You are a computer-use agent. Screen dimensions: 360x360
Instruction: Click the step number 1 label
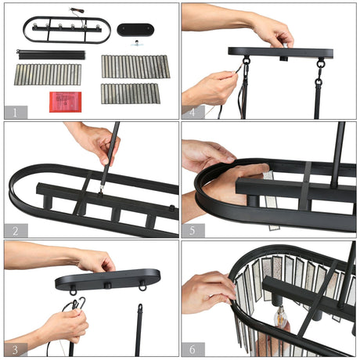[x=15, y=113]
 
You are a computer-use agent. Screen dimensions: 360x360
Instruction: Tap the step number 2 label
[x=16, y=231]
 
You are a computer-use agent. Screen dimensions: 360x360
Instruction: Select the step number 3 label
[x=16, y=350]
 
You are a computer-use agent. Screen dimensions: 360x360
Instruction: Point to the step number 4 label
[x=193, y=113]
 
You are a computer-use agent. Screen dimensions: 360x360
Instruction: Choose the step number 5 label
[x=193, y=231]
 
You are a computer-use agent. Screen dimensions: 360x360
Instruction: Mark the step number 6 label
[x=193, y=349]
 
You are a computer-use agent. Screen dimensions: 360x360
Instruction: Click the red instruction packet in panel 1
[x=66, y=102]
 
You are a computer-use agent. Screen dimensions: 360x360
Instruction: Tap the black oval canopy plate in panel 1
[x=135, y=30]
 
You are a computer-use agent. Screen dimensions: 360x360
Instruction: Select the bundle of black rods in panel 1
[x=51, y=55]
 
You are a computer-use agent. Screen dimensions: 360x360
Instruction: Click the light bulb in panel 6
[x=281, y=317]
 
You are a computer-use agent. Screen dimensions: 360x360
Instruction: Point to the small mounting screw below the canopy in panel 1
[x=136, y=43]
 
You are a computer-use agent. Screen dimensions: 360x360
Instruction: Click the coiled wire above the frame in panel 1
[x=77, y=11]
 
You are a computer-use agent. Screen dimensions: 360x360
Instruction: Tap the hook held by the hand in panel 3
[x=81, y=302]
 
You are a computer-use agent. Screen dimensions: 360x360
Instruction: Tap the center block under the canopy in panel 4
[x=284, y=58]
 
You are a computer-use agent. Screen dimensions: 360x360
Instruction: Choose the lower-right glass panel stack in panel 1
[x=131, y=94]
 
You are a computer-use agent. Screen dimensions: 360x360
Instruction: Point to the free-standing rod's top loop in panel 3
[x=140, y=307]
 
